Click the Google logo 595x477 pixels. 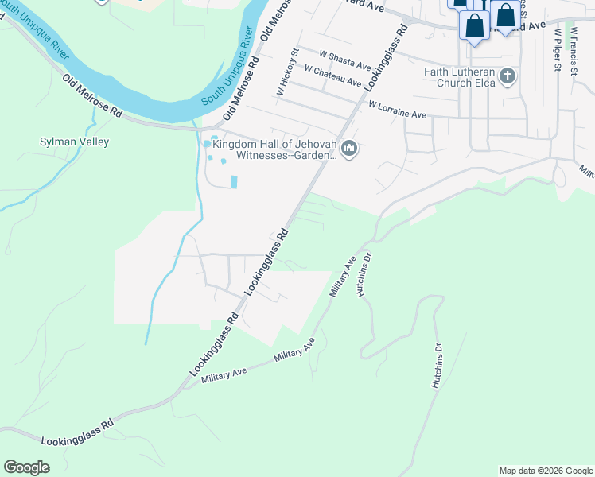point(27,467)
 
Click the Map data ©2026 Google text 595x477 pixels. point(546,471)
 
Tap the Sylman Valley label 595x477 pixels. point(75,142)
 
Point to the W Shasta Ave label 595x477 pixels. point(345,60)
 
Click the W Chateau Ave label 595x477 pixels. point(332,77)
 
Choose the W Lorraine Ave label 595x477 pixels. point(396,109)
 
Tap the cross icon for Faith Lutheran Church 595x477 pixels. point(507,77)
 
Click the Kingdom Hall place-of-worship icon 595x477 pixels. point(348,149)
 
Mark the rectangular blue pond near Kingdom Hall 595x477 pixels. point(234,181)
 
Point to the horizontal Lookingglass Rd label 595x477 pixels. point(77,433)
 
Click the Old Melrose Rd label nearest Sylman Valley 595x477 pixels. point(92,96)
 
